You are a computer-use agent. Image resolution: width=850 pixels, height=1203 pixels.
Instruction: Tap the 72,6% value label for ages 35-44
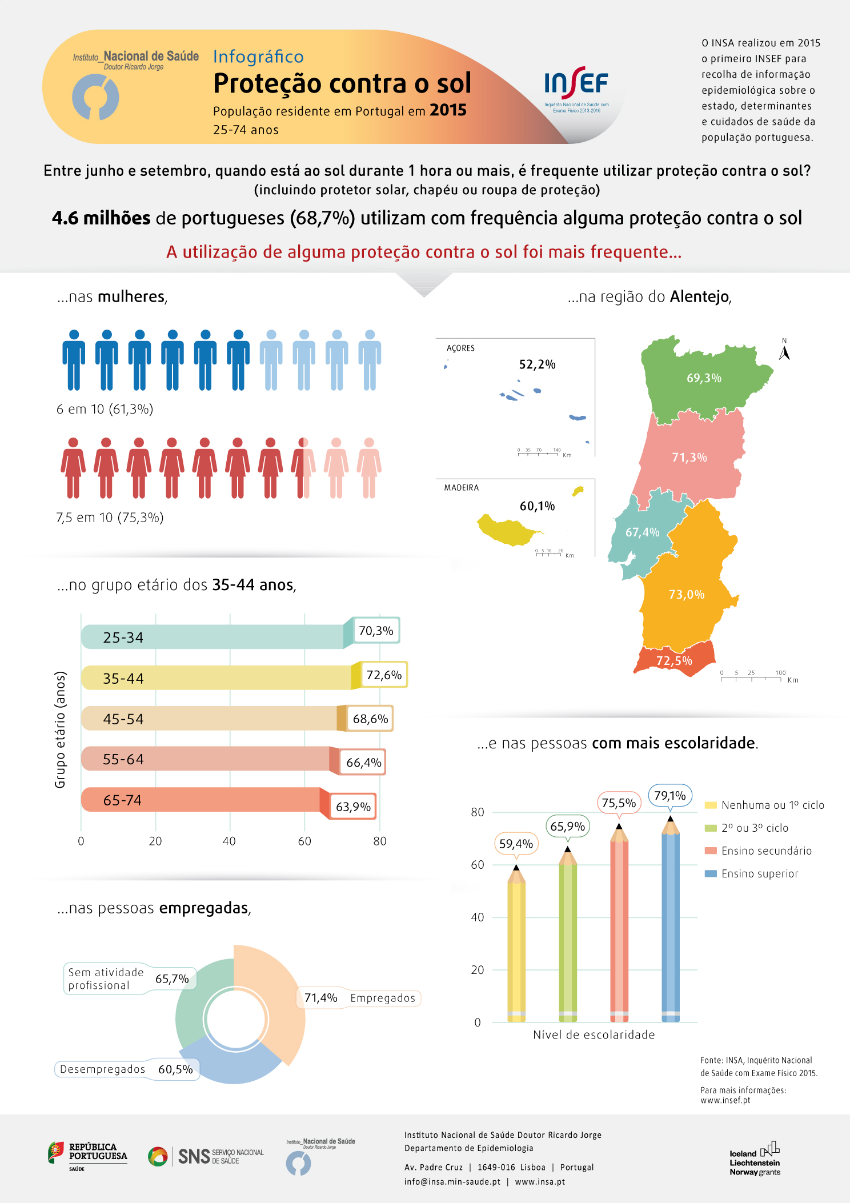coord(384,675)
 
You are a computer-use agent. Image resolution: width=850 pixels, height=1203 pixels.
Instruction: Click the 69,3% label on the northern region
coord(704,378)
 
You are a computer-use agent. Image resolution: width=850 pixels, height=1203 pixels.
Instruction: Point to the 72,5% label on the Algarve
coord(674,661)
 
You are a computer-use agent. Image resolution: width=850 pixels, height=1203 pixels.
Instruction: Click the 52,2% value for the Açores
coord(537,364)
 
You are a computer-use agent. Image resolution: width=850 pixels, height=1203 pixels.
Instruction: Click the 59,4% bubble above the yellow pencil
coord(516,844)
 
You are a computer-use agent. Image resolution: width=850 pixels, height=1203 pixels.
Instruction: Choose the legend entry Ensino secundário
coord(766,851)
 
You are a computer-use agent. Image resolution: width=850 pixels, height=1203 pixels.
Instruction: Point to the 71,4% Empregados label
coord(359,998)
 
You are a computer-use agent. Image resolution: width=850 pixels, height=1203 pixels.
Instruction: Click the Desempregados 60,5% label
coord(127,1069)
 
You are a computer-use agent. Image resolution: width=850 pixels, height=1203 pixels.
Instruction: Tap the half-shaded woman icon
coord(303,468)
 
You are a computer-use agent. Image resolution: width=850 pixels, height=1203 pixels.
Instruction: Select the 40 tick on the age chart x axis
coord(229,841)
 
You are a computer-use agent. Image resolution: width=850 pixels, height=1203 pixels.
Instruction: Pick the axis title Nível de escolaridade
coord(594,1034)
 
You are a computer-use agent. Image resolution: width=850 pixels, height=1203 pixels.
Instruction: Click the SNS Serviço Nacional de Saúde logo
coord(206,1156)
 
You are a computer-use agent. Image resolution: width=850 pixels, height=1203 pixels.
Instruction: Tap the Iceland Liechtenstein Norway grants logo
coord(755,1159)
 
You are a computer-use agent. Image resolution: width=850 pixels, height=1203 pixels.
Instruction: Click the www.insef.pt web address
coord(725,1100)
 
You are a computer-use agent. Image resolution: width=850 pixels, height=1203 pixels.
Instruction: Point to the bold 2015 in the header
coord(448,110)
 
